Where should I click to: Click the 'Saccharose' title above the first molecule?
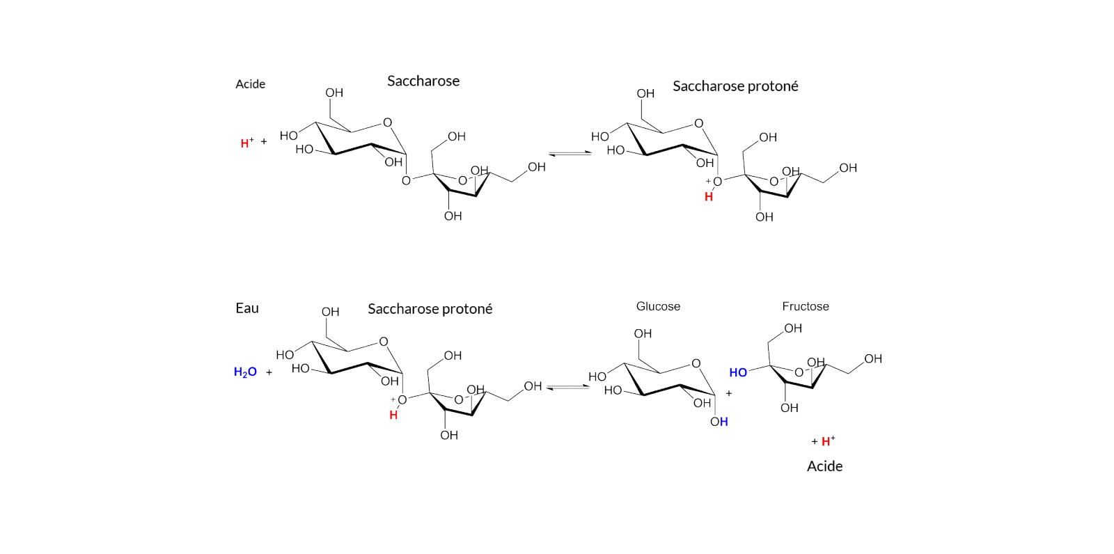pos(423,81)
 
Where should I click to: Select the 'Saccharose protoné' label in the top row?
pos(735,86)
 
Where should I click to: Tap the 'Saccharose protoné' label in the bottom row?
pos(430,309)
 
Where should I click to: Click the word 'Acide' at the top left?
pos(250,84)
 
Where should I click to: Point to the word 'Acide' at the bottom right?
pos(824,466)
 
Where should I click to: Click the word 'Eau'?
pos(247,308)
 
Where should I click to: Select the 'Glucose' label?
pos(658,306)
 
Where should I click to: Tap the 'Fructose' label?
pos(805,306)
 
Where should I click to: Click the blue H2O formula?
pos(245,372)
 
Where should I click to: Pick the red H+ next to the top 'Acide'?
pos(247,143)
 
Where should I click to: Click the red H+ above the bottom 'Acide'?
pos(828,441)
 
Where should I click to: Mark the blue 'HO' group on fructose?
pos(738,372)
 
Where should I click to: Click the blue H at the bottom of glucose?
pos(724,422)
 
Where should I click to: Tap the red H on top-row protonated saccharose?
pos(709,198)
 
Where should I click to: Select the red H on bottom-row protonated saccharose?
pos(393,415)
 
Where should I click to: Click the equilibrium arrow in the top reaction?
pos(570,154)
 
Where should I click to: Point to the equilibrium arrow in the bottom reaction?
pos(567,387)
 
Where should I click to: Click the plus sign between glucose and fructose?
pos(728,393)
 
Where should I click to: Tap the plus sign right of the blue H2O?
pos(269,372)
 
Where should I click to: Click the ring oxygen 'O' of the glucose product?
pos(696,363)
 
